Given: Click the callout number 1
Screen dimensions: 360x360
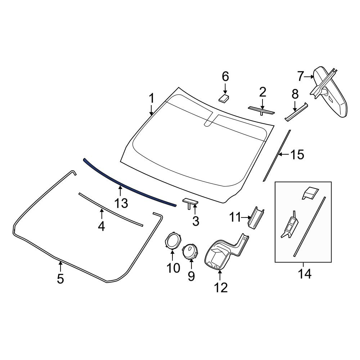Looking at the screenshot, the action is click(151, 99).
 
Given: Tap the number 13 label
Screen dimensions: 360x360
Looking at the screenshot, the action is click(121, 203).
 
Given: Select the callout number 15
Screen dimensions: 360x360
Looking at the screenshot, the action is click(297, 154).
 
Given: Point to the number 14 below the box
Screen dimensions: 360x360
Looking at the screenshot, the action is click(305, 274).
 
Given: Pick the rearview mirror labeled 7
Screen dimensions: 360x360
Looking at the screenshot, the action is click(329, 92).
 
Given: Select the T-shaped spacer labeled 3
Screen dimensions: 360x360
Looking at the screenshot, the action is click(190, 203).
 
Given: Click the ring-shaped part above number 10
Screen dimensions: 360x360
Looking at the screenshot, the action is click(172, 240).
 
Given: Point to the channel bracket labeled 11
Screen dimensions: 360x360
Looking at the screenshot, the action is click(255, 218).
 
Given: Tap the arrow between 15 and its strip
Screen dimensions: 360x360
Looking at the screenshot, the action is click(284, 154).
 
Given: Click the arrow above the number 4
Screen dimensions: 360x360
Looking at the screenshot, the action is click(102, 214).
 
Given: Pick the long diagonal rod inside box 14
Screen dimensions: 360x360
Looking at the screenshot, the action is click(309, 226).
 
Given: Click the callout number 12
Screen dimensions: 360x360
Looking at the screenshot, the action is click(221, 287).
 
